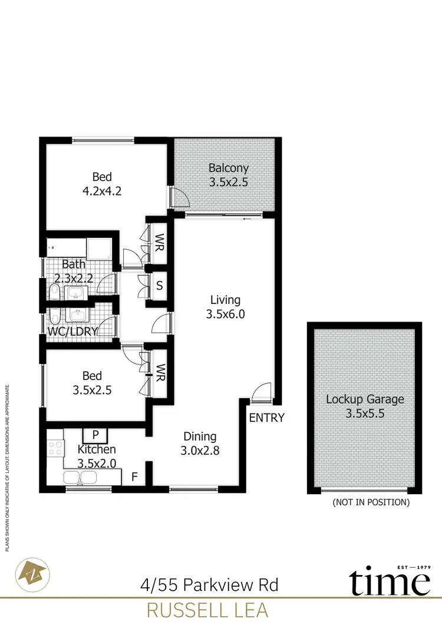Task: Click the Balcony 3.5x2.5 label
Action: coord(229,175)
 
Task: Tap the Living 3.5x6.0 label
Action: coord(225,307)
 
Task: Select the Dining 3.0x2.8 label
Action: coord(200,444)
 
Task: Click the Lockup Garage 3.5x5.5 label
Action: coord(365,406)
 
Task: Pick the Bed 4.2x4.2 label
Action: coord(102,183)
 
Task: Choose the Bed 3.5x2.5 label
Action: coord(92,382)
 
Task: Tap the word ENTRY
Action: coord(266,418)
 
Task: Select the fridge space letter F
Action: coord(134,477)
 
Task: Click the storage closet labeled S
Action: coord(159,287)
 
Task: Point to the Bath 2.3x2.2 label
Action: coord(74,272)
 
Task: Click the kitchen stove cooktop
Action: coord(55,448)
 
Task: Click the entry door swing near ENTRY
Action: coord(260,392)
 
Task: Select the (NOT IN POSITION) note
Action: coord(371,502)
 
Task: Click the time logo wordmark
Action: coord(388,583)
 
